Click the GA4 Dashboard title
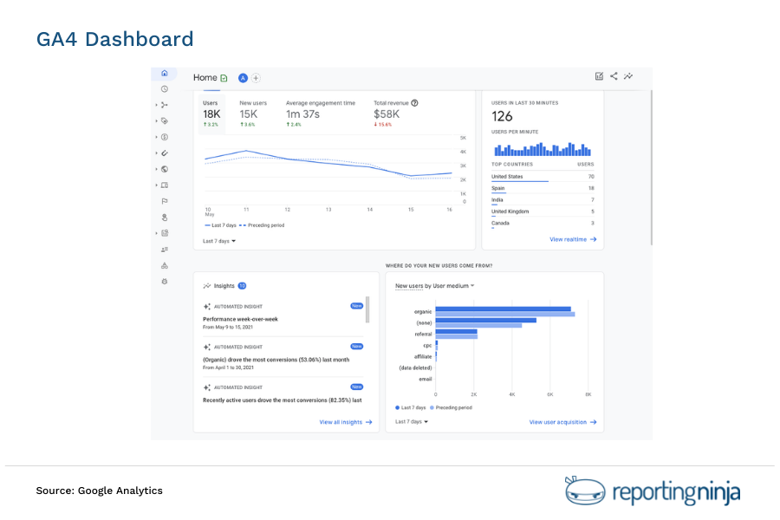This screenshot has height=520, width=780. pos(114,39)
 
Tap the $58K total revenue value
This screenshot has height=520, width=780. pos(387,114)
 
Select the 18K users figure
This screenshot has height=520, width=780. pos(211,114)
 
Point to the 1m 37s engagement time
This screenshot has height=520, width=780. pos(302,114)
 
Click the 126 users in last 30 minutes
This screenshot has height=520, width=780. pos(502,116)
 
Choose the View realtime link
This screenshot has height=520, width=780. pos(573,239)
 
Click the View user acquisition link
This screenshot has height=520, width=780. pos(563,422)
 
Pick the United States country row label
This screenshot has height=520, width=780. pos(507,177)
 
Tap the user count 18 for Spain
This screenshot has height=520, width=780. pos(591,188)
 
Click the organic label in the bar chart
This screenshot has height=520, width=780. pos(424,310)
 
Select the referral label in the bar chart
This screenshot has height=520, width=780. pos(423,334)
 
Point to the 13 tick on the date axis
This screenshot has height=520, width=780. pos(328,209)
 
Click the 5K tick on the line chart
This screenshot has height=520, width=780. pos(464,138)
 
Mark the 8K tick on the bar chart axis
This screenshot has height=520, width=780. pos(588,394)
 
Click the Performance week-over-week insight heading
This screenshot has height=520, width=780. pos(240,319)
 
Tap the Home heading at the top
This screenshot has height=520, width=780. pos(205,77)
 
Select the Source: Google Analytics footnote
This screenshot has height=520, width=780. pos(99,491)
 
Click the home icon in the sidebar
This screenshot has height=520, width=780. pos(165,74)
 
